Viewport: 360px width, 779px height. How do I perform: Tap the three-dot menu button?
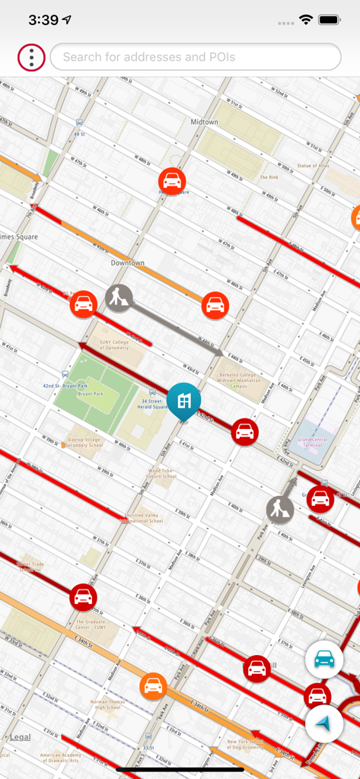coord(31,57)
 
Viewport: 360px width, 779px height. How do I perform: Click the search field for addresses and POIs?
coord(195,57)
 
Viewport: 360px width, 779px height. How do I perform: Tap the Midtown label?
coord(204,122)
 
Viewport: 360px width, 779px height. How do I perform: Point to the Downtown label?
coord(127,263)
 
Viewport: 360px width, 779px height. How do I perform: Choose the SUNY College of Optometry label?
coord(115,345)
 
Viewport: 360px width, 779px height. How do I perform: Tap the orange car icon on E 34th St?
coord(153,685)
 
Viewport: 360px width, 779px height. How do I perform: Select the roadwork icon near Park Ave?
coord(280,509)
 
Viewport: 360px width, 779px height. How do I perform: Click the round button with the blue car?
coord(324,660)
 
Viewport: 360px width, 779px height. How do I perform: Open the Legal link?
coord(21,737)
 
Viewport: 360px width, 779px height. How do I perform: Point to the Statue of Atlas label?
coord(313,165)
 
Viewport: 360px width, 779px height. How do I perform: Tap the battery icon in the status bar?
coord(330,20)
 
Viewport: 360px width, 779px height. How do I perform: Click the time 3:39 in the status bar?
coord(43,20)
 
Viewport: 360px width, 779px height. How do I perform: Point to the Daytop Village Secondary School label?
coord(85,442)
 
